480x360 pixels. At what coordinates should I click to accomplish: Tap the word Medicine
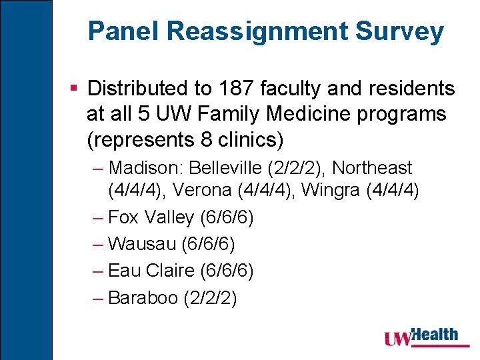(x=306, y=114)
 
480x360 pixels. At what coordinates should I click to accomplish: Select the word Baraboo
(x=142, y=297)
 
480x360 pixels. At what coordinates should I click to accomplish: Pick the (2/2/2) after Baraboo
(x=209, y=298)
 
